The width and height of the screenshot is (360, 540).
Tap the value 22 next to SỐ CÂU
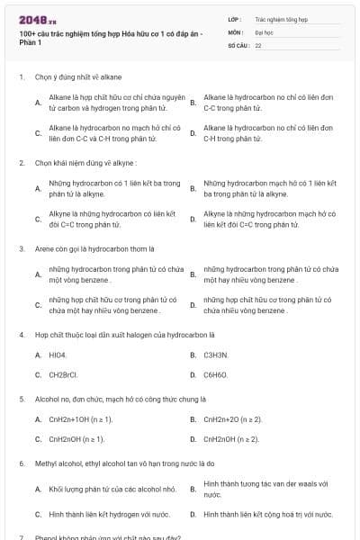(258, 44)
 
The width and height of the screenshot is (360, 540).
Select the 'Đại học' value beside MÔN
(264, 31)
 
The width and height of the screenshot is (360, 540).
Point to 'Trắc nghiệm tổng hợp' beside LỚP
(280, 18)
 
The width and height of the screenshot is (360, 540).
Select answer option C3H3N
(216, 355)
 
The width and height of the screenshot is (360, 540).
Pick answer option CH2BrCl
(64, 374)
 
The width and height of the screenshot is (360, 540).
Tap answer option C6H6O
(216, 374)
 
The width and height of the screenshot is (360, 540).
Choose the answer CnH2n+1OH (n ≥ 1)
(81, 418)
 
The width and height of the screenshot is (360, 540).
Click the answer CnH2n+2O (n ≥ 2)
(234, 418)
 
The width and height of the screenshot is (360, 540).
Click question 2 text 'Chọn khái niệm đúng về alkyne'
(86, 163)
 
